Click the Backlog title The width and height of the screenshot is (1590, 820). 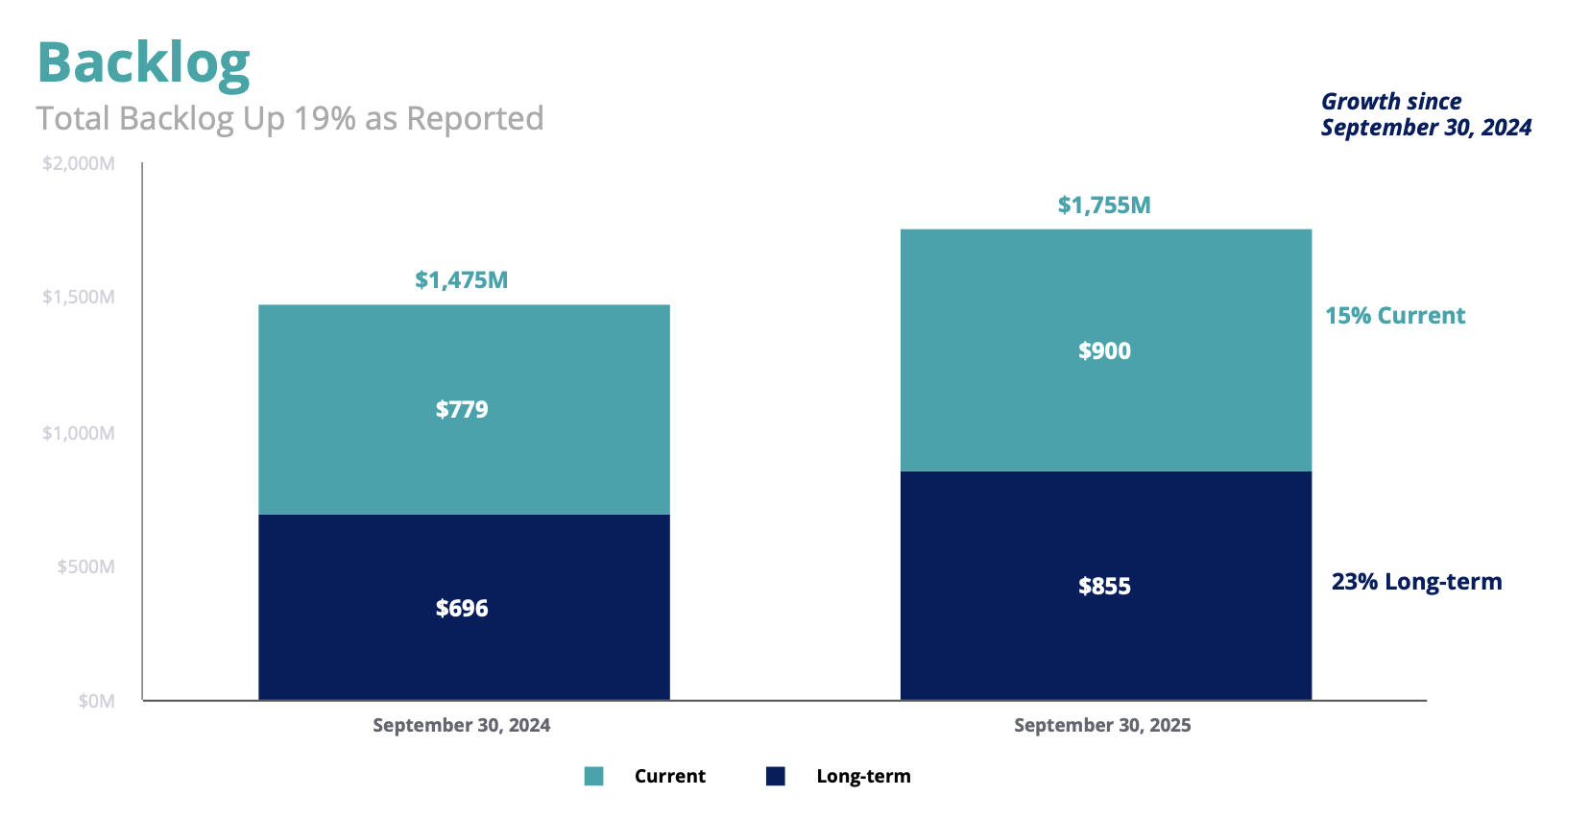pyautogui.click(x=144, y=63)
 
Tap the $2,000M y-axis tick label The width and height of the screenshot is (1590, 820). pyautogui.click(x=79, y=163)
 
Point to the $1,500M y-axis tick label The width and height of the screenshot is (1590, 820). pyautogui.click(x=79, y=297)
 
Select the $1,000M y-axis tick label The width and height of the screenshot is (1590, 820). pyautogui.click(x=79, y=433)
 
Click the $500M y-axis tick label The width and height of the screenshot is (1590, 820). pyautogui.click(x=85, y=567)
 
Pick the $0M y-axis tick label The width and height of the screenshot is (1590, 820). pyautogui.click(x=96, y=701)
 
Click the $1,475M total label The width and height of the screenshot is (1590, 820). pyautogui.click(x=461, y=280)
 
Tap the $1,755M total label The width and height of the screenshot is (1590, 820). pyautogui.click(x=1104, y=205)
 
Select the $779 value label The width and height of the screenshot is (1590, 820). pyautogui.click(x=462, y=410)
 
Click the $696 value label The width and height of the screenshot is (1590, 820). pyautogui.click(x=462, y=609)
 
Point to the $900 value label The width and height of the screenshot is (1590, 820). pyautogui.click(x=1104, y=351)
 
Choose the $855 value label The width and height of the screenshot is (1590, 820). pyautogui.click(x=1104, y=587)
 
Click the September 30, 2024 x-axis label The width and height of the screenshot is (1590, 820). pyautogui.click(x=461, y=726)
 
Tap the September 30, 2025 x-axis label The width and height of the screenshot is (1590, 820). pyautogui.click(x=1102, y=726)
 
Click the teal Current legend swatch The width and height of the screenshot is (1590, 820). pyautogui.click(x=593, y=776)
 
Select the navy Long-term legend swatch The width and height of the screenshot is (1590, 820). pyautogui.click(x=776, y=776)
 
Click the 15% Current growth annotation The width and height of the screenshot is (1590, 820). pyautogui.click(x=1395, y=316)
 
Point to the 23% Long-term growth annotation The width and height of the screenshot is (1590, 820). pyautogui.click(x=1416, y=582)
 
